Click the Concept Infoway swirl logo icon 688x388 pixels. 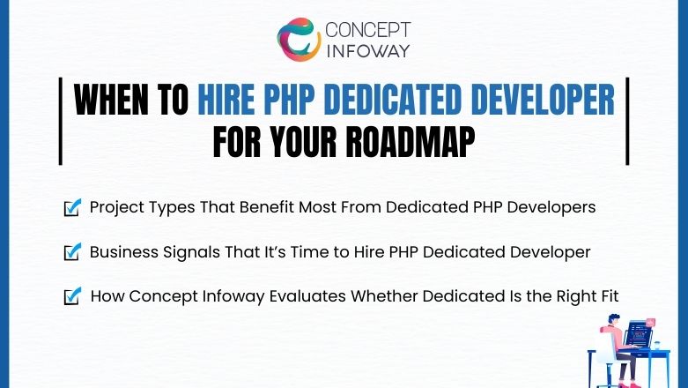[297, 39]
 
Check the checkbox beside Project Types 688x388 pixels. [72, 208]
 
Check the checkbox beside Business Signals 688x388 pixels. [72, 252]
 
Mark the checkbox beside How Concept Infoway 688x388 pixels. [72, 296]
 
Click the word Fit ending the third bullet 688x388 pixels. [608, 296]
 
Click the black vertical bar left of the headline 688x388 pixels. [60, 120]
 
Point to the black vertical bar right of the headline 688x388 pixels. [627, 120]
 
